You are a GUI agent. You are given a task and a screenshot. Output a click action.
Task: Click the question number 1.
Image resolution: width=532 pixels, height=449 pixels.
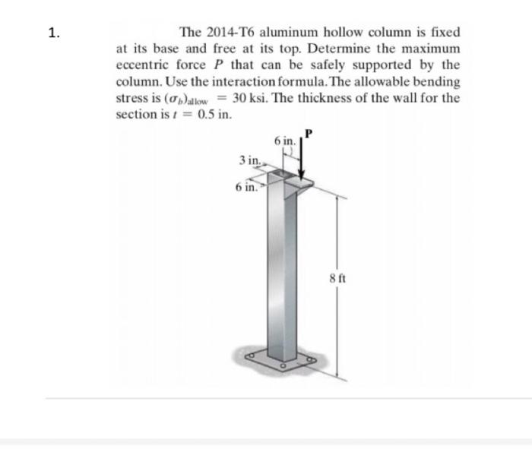tap(52, 33)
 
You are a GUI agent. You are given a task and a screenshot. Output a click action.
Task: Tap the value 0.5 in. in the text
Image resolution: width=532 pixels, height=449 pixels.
tap(214, 115)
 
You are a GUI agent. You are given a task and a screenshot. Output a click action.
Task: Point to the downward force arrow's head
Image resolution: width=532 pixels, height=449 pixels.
tap(302, 173)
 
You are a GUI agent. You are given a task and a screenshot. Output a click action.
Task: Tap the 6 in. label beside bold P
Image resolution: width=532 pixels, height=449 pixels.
tap(286, 141)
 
